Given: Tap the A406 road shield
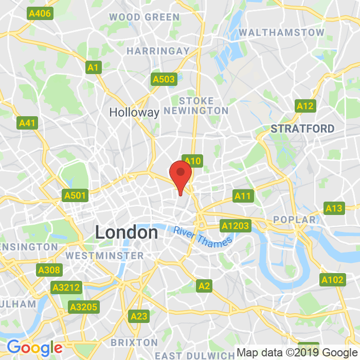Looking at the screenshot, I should [x=40, y=13].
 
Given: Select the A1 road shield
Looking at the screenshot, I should [x=93, y=67].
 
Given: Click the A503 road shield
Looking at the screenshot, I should [x=164, y=79].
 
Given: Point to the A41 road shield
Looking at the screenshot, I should [x=27, y=123].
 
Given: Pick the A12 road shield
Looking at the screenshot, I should [x=305, y=106].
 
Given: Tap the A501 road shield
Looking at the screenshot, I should [x=75, y=195].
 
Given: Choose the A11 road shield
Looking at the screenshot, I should [x=242, y=195].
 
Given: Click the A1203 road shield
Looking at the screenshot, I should [x=235, y=225].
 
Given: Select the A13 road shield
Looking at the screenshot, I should [x=334, y=208].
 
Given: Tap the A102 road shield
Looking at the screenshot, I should [x=331, y=280].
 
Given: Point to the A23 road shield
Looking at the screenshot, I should [x=139, y=316].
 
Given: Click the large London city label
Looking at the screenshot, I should [x=127, y=232].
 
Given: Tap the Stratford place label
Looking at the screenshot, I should [x=302, y=129].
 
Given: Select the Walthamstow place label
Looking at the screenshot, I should [x=282, y=32].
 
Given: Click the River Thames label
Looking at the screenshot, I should [x=203, y=236].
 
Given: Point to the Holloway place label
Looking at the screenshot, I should [x=134, y=112].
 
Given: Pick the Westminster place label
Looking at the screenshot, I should [x=105, y=256].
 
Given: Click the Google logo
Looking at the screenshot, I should [x=34, y=348].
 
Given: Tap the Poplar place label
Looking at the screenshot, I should [x=295, y=220].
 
